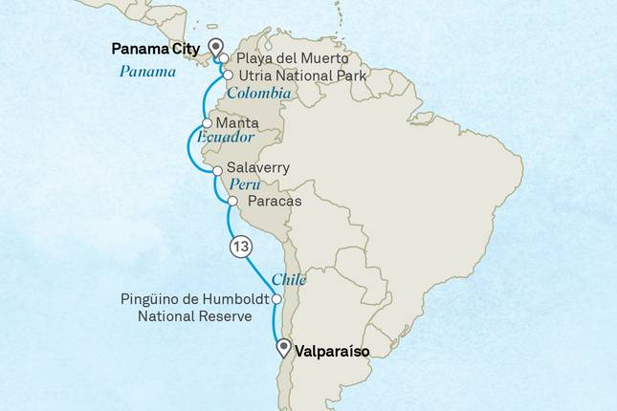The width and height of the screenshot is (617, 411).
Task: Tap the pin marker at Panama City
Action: tap(215, 47)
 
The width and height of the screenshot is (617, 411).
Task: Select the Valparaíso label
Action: tap(333, 352)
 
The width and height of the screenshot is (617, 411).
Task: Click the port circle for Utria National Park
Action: tap(228, 74)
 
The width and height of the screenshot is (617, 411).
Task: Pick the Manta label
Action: tap(236, 124)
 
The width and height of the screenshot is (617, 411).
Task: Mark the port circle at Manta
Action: tap(208, 124)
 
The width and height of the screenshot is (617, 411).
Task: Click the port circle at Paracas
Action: tap(232, 201)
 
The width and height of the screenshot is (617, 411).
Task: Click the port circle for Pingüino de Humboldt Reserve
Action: tap(276, 300)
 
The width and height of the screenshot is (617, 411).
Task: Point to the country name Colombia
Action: tap(259, 94)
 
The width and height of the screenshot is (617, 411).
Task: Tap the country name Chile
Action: tap(289, 279)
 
